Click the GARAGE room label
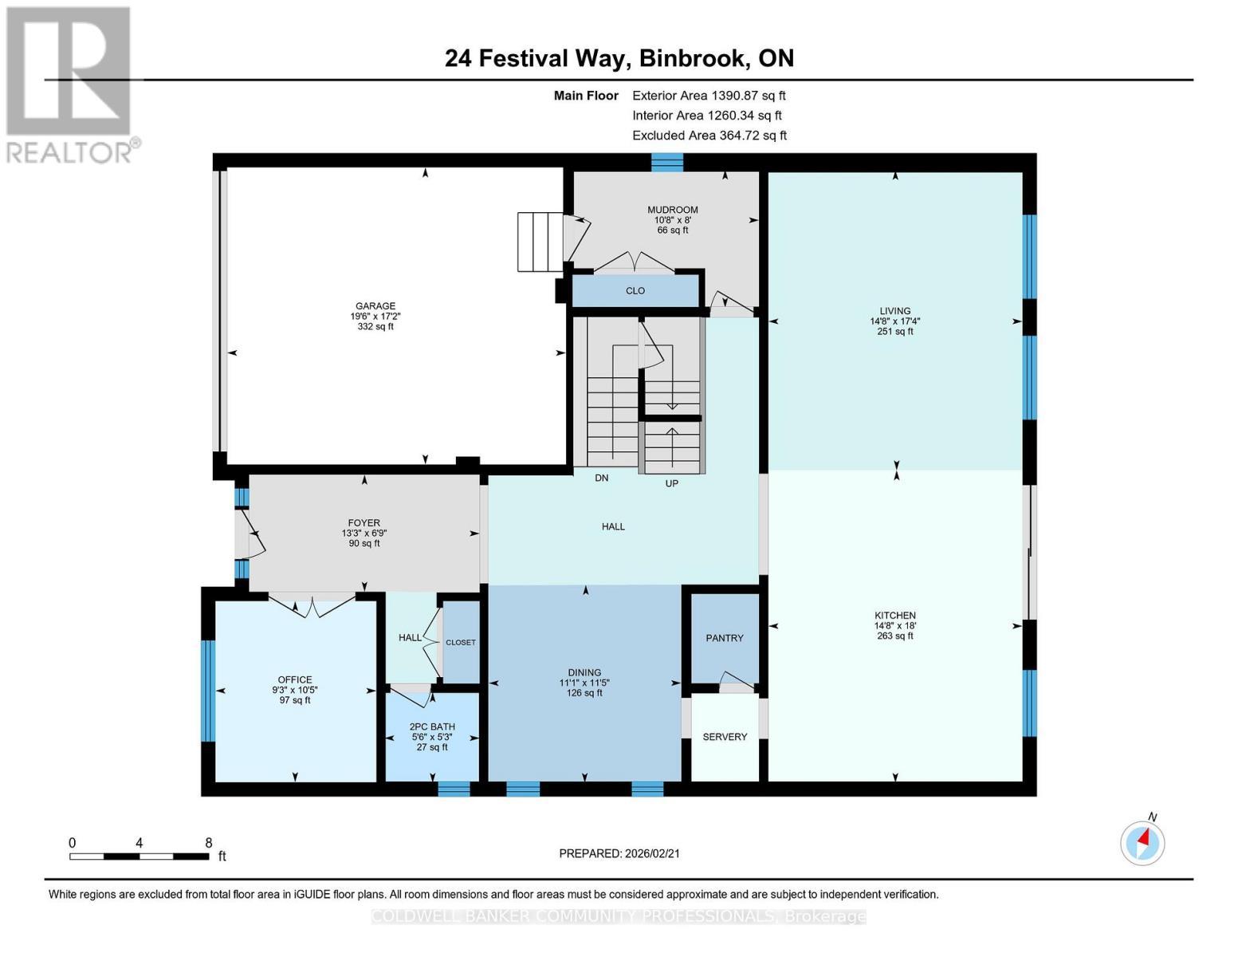pyautogui.click(x=375, y=306)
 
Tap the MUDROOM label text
pyautogui.click(x=672, y=210)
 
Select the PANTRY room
pyautogui.click(x=724, y=638)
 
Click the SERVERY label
pyautogui.click(x=725, y=737)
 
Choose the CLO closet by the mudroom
pyautogui.click(x=635, y=291)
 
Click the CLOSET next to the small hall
pyautogui.click(x=461, y=642)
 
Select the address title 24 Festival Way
pyautogui.click(x=619, y=58)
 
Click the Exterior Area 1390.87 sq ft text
pyautogui.click(x=709, y=95)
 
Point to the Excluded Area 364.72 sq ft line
pyautogui.click(x=709, y=136)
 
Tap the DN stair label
pyautogui.click(x=602, y=478)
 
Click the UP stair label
pyautogui.click(x=672, y=483)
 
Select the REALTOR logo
pyautogui.click(x=69, y=84)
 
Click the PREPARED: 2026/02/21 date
pyautogui.click(x=619, y=853)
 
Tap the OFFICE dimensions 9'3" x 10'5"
pyautogui.click(x=295, y=690)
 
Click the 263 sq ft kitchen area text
pyautogui.click(x=895, y=636)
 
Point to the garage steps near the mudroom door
pyautogui.click(x=540, y=242)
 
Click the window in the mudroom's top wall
pyautogui.click(x=667, y=162)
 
